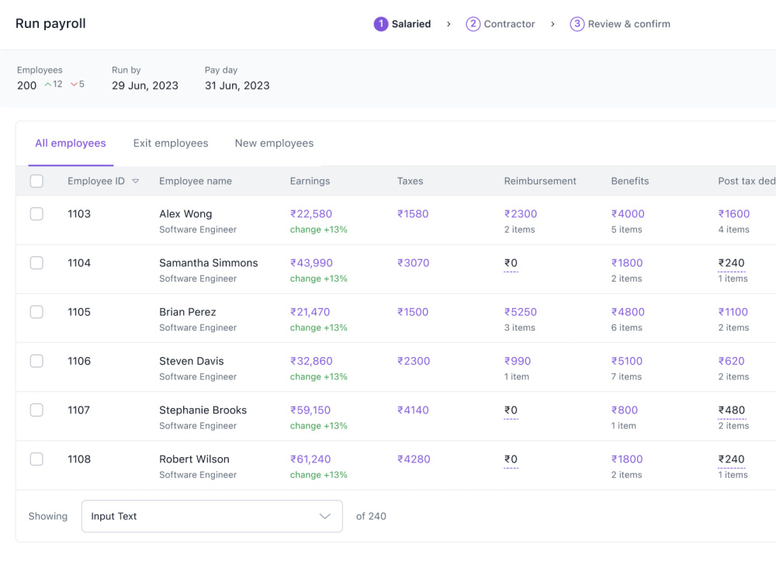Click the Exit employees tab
coord(171,143)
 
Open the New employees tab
coord(274,143)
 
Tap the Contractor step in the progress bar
coord(501,24)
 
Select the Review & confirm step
coord(620,24)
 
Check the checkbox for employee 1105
coord(36,312)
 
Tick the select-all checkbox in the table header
coord(36,181)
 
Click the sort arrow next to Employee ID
coord(136,181)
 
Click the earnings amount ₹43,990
coord(311,263)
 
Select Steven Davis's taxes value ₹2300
coord(414,361)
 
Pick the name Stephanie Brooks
coord(203,410)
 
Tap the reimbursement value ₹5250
coord(521,312)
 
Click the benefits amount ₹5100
coord(627,361)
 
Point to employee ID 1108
coord(79,459)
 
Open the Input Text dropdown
coord(212,516)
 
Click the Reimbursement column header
coord(540,181)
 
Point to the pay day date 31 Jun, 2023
coord(237,85)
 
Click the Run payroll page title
coord(50,24)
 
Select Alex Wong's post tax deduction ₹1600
coord(734,214)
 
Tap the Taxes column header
coord(411,181)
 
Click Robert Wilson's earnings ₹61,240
coord(310,459)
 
